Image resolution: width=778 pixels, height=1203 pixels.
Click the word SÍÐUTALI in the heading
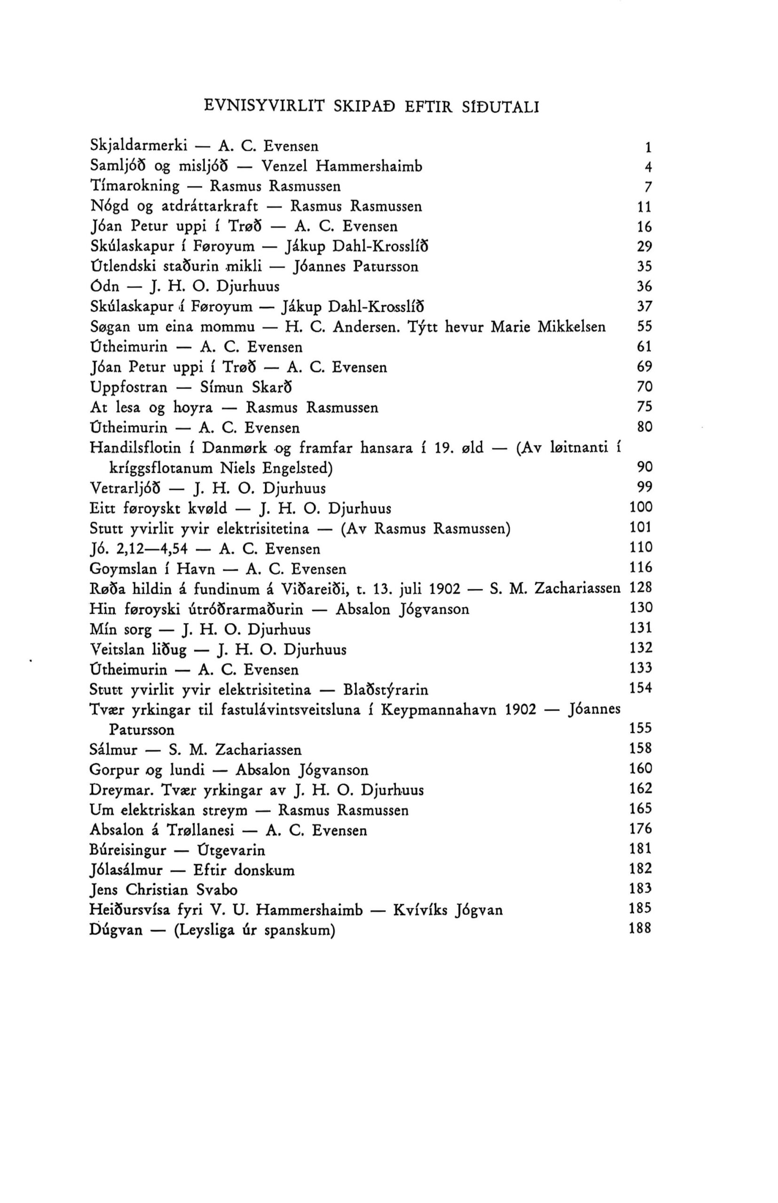[x=501, y=107]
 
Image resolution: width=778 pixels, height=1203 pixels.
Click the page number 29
[x=644, y=247]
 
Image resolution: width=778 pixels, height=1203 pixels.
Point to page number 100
[x=641, y=507]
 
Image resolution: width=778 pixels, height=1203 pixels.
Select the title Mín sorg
[x=120, y=630]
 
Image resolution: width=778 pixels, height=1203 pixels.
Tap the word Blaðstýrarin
[x=385, y=690]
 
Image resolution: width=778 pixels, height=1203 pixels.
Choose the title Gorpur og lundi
[x=147, y=770]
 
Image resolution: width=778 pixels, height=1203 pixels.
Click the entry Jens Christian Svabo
[x=163, y=890]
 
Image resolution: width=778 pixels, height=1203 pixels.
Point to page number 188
[x=641, y=929]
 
